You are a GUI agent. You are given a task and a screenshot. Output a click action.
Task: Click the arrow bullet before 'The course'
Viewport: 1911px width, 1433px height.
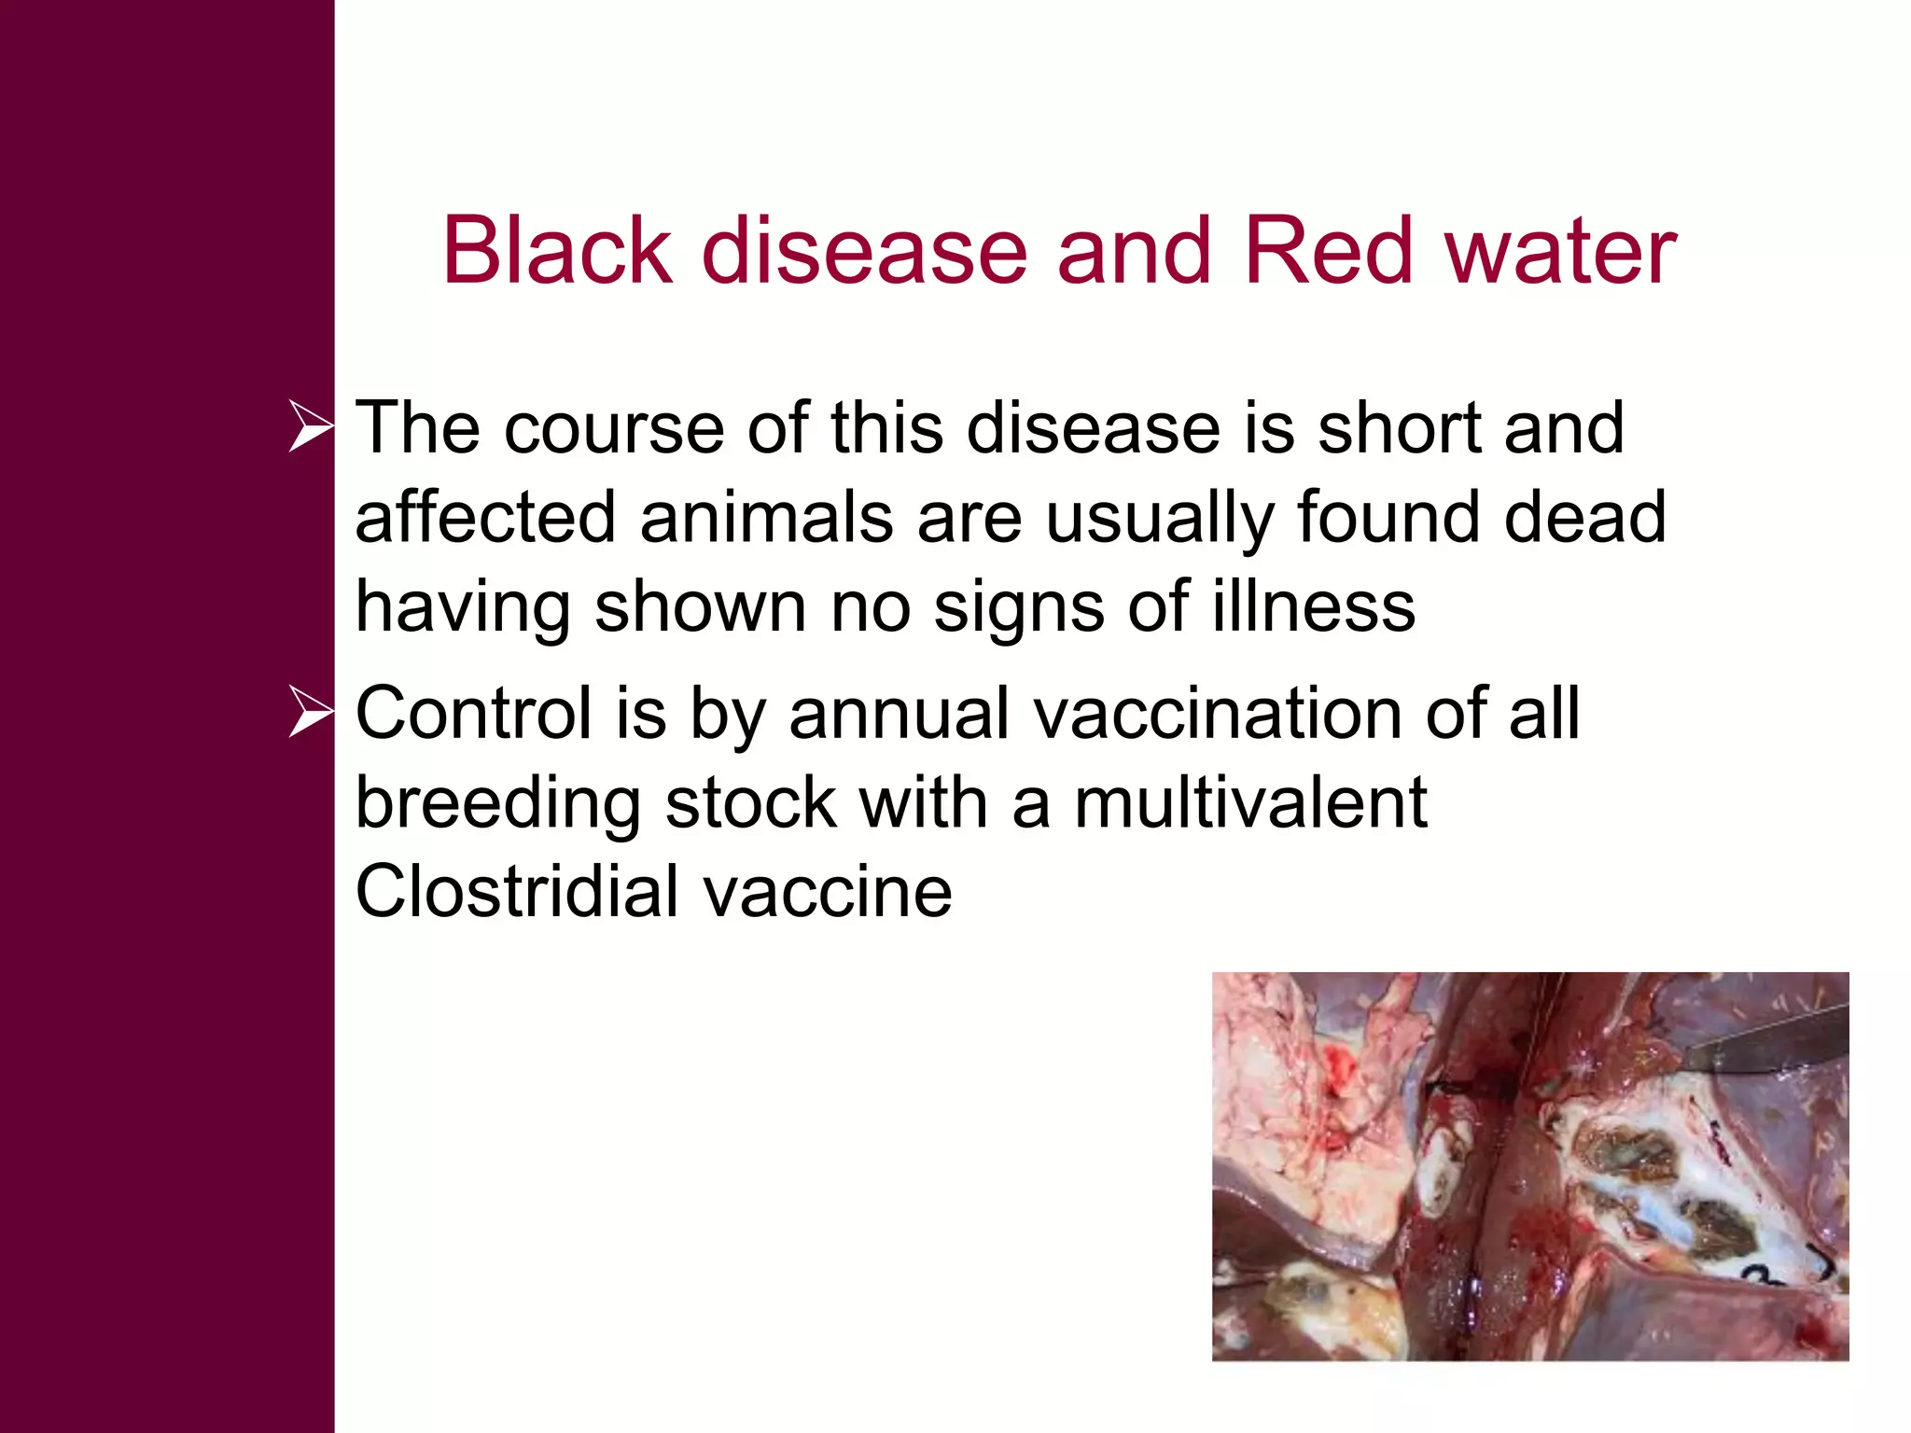click(310, 426)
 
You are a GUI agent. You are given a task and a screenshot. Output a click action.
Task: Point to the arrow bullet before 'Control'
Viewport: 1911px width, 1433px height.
click(310, 712)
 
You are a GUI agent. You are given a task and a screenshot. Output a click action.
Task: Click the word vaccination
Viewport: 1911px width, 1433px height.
click(1217, 714)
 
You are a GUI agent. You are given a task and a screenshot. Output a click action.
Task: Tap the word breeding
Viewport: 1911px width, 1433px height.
click(498, 803)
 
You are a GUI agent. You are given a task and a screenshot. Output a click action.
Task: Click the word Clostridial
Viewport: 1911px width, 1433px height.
click(517, 892)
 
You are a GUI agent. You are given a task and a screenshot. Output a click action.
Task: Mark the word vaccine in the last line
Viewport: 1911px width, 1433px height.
click(828, 893)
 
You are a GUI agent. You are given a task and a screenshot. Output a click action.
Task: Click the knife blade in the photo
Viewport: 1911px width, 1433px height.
click(1764, 1037)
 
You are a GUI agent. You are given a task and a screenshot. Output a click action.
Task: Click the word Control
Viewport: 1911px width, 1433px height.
click(474, 714)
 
